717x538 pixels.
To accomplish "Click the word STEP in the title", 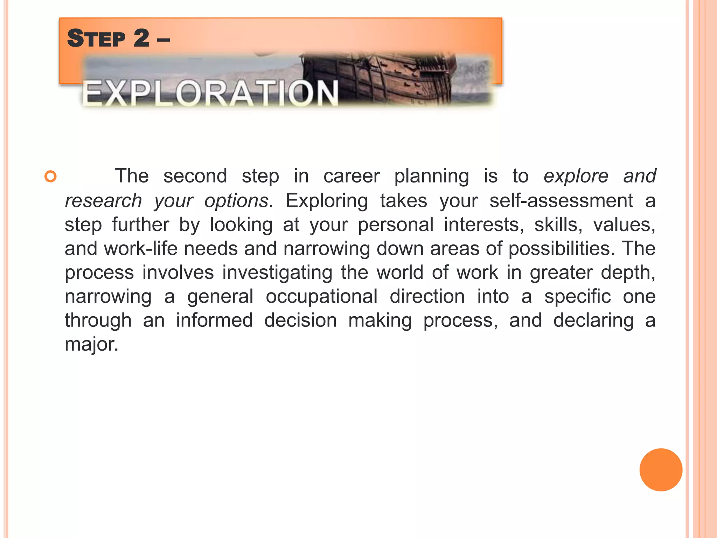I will [x=96, y=39].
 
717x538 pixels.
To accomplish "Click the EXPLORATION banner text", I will [x=210, y=93].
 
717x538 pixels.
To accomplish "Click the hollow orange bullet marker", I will [x=51, y=176].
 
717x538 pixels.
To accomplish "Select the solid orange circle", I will [x=661, y=470].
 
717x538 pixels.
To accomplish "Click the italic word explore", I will [x=576, y=176].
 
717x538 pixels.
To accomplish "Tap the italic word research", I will [x=103, y=201].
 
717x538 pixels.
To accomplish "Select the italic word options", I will [x=236, y=201].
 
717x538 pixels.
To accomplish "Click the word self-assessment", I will [x=561, y=201].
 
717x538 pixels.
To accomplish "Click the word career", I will [x=351, y=176].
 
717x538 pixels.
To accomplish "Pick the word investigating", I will [x=277, y=273].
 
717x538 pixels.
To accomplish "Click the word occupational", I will [x=321, y=297].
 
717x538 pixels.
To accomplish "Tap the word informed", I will [x=214, y=320].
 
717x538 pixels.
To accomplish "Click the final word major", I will [x=91, y=344].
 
